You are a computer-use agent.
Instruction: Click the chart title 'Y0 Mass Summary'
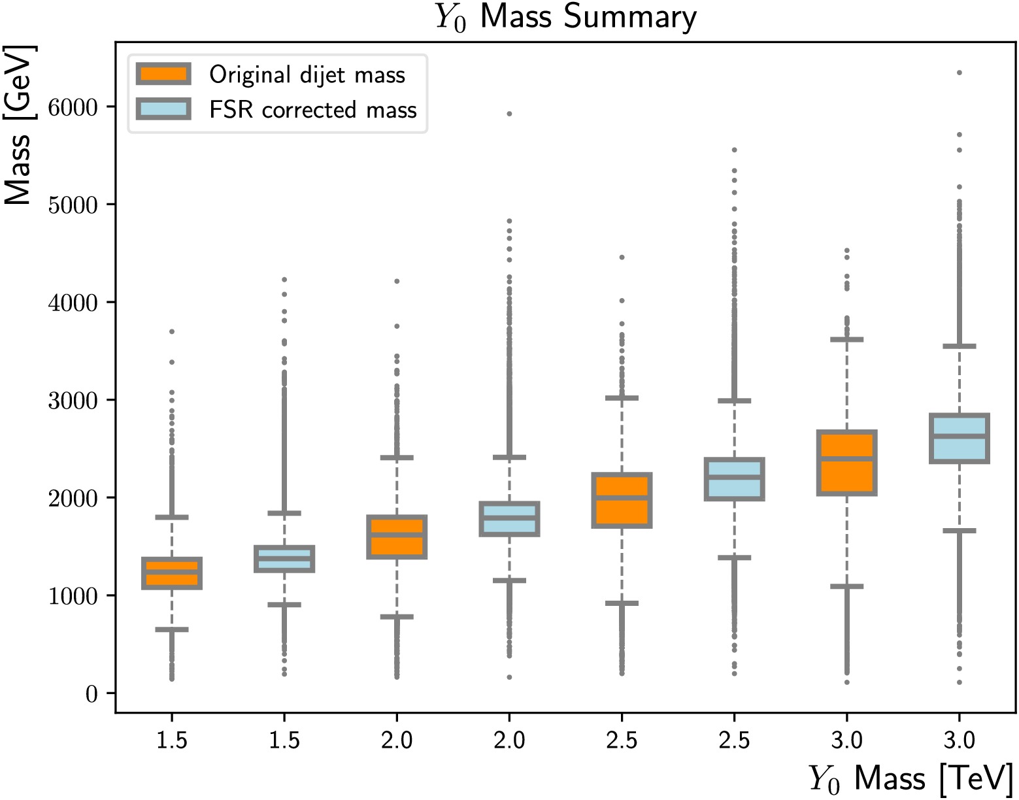coord(566,17)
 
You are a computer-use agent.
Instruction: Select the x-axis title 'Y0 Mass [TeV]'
coord(910,778)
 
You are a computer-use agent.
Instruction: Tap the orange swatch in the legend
coord(163,74)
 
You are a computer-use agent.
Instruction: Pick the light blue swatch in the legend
coord(163,108)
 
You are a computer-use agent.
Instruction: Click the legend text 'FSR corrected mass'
coord(312,110)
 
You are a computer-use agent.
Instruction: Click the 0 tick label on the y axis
coord(92,693)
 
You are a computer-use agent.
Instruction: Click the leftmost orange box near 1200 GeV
coord(172,573)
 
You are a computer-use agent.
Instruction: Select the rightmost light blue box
coord(960,439)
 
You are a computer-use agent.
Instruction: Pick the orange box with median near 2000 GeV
coord(622,500)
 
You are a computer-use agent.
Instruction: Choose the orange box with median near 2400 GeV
coord(847,463)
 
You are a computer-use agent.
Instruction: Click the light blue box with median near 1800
coord(509,519)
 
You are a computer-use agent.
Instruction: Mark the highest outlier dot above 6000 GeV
coord(960,73)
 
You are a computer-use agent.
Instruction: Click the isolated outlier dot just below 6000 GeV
coord(509,114)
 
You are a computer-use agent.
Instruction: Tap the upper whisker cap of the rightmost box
coord(960,346)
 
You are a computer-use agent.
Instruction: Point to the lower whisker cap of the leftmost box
coord(172,629)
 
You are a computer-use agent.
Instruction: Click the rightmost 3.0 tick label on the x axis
coord(960,741)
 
